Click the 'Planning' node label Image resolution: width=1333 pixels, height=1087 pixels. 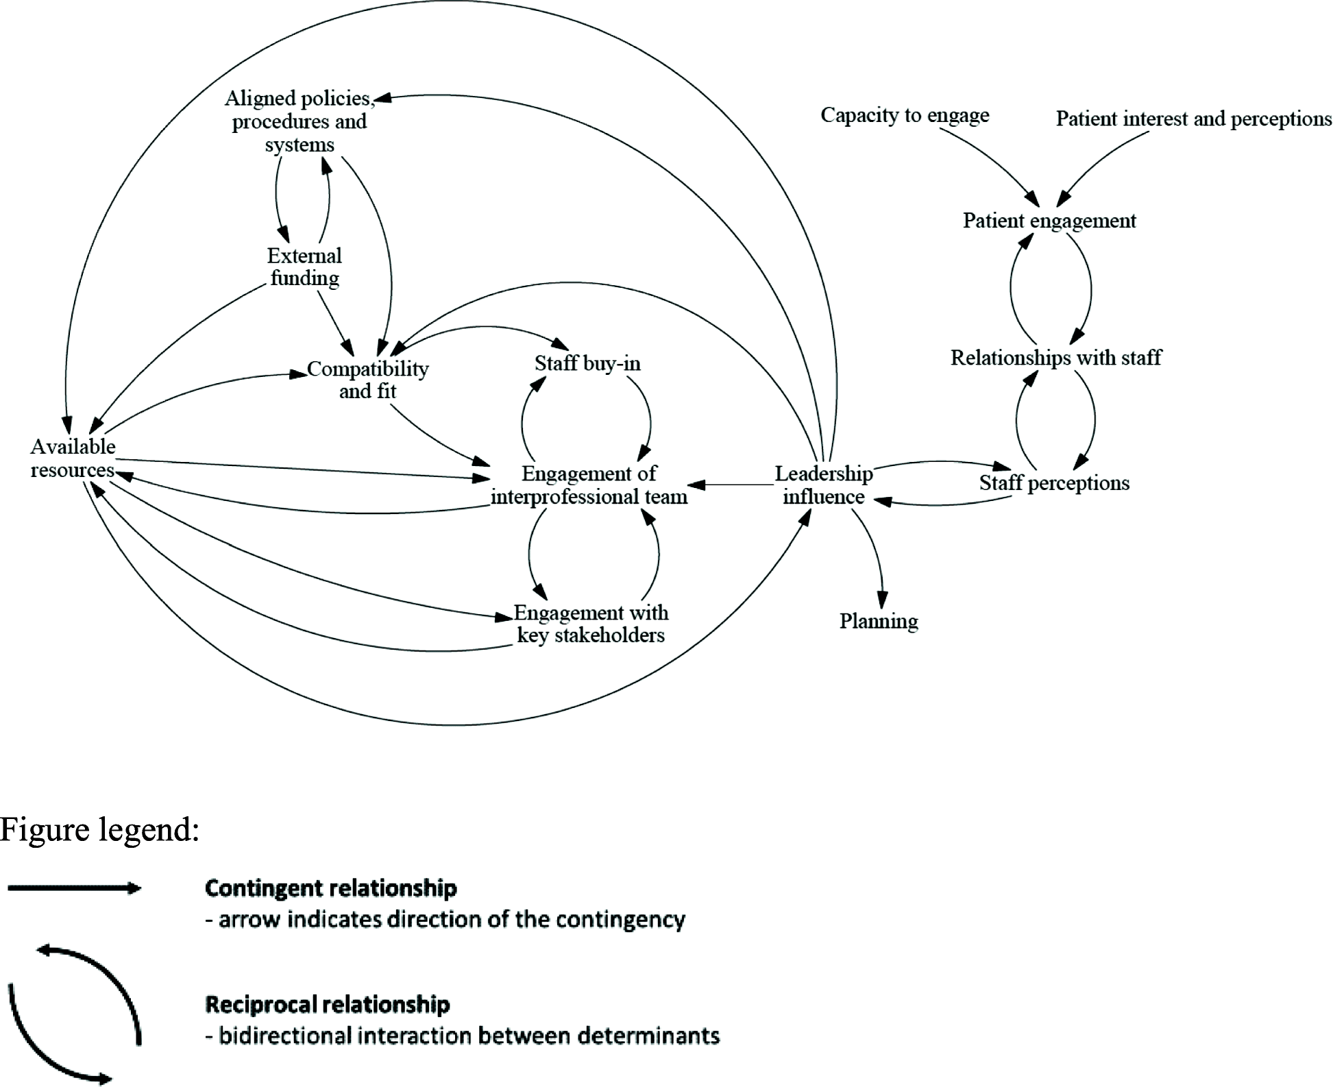tap(879, 621)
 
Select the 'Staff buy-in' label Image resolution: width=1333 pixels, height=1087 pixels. tap(587, 363)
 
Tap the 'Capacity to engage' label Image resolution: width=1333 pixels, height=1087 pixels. tap(905, 114)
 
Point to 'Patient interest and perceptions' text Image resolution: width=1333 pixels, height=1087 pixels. tap(1193, 119)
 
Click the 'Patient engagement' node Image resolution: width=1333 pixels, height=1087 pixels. tap(1049, 221)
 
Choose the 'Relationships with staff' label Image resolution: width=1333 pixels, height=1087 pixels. tap(1055, 357)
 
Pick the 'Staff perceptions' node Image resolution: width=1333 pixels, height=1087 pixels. tap(1054, 483)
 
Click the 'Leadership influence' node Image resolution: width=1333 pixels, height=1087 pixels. tap(823, 485)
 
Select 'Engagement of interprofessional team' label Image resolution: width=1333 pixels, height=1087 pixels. tap(589, 485)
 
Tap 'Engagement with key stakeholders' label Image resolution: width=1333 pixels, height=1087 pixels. tap(590, 623)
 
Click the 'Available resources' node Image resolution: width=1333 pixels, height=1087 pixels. tap(73, 458)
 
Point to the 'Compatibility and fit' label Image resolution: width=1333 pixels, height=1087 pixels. tap(367, 380)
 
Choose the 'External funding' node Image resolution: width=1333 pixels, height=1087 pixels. tap(304, 267)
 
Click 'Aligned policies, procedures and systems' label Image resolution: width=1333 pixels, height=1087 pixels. tap(299, 121)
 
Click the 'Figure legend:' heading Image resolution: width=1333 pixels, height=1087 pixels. tap(100, 829)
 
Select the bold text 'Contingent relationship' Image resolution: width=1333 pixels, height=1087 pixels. tap(330, 888)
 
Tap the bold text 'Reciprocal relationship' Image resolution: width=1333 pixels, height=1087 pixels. tap(327, 1005)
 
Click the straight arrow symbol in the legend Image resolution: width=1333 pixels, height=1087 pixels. tap(73, 889)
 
